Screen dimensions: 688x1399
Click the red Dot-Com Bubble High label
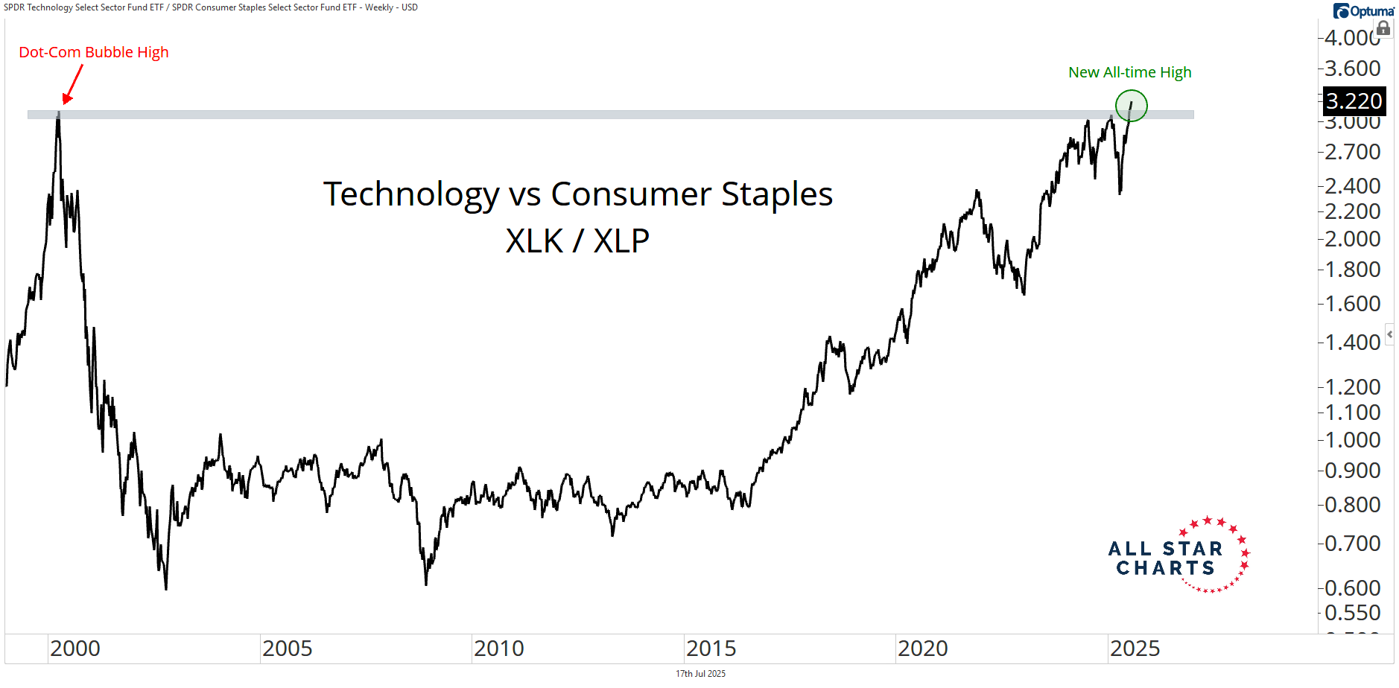coord(94,52)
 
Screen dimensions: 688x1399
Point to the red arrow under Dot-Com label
coord(72,85)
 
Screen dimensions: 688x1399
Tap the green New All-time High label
coord(1129,72)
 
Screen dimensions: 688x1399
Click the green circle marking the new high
coord(1131,106)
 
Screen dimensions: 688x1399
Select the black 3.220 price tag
coord(1354,101)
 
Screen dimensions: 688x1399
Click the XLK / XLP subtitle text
coord(577,241)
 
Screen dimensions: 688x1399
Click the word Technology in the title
coord(411,194)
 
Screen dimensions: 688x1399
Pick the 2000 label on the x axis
coord(75,649)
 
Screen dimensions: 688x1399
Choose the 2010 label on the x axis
coord(499,649)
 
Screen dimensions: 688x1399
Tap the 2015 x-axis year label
coord(711,649)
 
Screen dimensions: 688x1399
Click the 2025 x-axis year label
coord(1135,649)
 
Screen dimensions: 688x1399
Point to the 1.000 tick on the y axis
coord(1352,439)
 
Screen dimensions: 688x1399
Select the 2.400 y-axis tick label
coord(1352,185)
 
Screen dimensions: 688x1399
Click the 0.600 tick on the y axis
coord(1352,587)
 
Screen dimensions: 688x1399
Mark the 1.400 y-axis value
coord(1352,342)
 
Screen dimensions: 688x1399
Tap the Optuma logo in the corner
coord(1363,10)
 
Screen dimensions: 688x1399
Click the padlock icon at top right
coord(1383,28)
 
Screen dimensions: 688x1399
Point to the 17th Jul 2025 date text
coord(700,674)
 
